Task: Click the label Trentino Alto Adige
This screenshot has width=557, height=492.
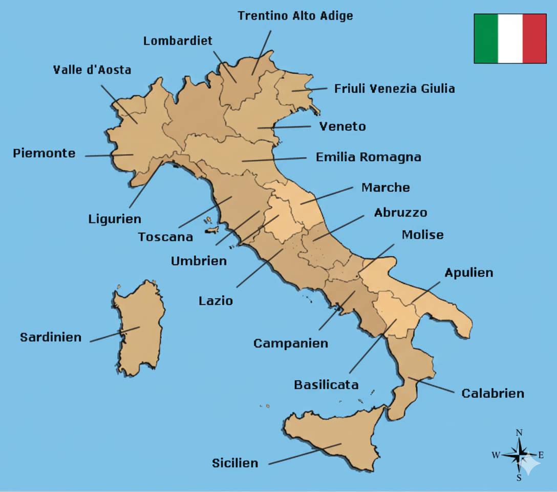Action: (295, 16)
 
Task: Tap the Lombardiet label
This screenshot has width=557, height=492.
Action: (178, 41)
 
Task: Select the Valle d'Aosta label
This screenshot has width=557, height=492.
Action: (92, 70)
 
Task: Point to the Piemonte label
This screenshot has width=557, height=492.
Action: (44, 153)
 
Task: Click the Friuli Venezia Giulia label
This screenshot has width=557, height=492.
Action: (394, 89)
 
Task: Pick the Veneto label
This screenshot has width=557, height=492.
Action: (342, 126)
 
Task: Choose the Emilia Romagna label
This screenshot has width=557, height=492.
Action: (368, 157)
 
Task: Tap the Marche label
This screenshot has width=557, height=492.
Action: (385, 188)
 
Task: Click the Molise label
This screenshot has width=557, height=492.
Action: (422, 235)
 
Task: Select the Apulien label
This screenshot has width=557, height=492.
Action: (468, 273)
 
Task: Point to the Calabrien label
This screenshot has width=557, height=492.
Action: (492, 394)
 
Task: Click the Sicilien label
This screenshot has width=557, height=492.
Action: (235, 463)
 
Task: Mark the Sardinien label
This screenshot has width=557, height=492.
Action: (51, 337)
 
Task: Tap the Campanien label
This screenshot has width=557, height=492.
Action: (290, 343)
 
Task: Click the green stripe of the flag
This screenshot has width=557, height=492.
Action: (486, 38)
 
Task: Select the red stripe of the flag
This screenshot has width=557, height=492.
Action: (534, 38)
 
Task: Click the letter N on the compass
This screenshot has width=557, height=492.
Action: (519, 433)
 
